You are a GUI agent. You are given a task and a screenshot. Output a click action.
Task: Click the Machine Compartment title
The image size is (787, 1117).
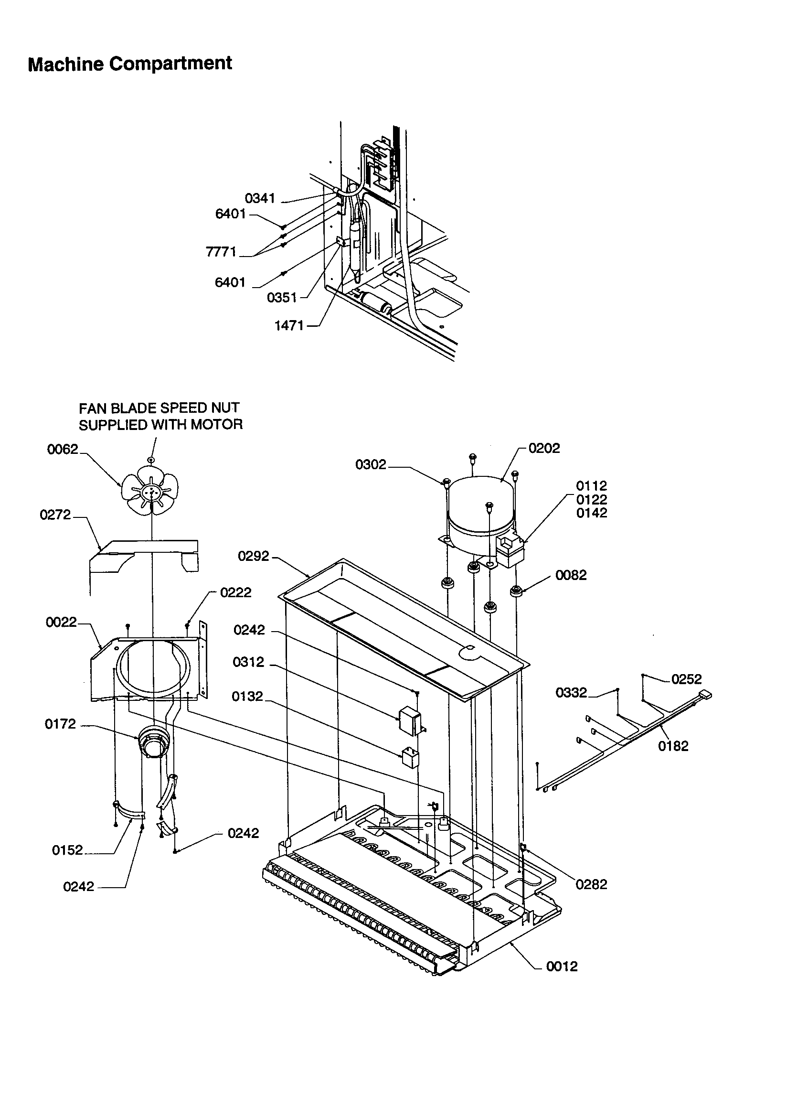click(130, 64)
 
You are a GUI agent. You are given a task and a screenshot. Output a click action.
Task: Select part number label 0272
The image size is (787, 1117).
click(55, 515)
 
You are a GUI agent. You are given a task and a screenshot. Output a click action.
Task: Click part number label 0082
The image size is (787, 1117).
click(571, 575)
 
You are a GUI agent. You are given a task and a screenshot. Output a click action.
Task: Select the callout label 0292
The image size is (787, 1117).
click(254, 556)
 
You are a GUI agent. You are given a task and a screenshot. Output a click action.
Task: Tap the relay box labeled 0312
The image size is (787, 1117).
click(410, 718)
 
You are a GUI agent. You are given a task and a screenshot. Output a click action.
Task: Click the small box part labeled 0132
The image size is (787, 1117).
click(410, 758)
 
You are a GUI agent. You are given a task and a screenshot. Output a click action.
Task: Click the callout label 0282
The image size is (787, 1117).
click(592, 884)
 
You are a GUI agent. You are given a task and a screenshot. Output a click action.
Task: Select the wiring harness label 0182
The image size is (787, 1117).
click(673, 746)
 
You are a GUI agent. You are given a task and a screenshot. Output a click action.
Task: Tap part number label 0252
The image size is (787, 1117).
click(686, 679)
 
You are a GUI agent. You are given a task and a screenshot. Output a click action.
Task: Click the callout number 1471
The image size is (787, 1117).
click(289, 326)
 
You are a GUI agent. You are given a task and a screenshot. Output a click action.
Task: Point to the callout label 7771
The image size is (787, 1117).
click(221, 251)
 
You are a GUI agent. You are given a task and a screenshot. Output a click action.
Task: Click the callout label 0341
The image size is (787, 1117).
click(260, 198)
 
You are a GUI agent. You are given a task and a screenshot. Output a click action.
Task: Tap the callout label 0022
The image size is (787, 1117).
click(61, 622)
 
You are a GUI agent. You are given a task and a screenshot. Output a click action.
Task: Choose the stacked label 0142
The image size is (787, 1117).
click(592, 513)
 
